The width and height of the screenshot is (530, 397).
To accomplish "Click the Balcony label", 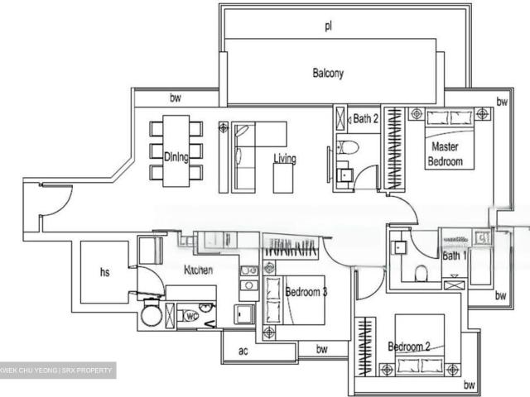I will pos(328,73).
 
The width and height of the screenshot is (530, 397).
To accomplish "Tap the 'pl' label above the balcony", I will pos(328,26).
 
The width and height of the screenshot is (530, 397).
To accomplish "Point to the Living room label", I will pos(285,159).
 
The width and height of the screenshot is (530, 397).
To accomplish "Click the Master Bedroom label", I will pos(445,155).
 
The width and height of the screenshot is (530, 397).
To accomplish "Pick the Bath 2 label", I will pos(365,119).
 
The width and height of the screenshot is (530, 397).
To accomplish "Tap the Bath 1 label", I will pos(455,256).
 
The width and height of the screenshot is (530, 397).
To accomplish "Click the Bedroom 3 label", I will pos(306,292).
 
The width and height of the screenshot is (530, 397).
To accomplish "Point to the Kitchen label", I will pos(198,270).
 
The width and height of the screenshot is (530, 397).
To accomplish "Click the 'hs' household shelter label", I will pos(105,271).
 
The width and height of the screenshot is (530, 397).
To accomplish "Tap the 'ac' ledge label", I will pos(243,352).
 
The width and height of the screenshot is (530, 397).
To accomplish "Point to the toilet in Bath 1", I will pos(421,272).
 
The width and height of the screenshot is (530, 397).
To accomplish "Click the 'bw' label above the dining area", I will pos(176,98).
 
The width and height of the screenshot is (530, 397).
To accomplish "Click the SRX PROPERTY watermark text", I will pos(88,371).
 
